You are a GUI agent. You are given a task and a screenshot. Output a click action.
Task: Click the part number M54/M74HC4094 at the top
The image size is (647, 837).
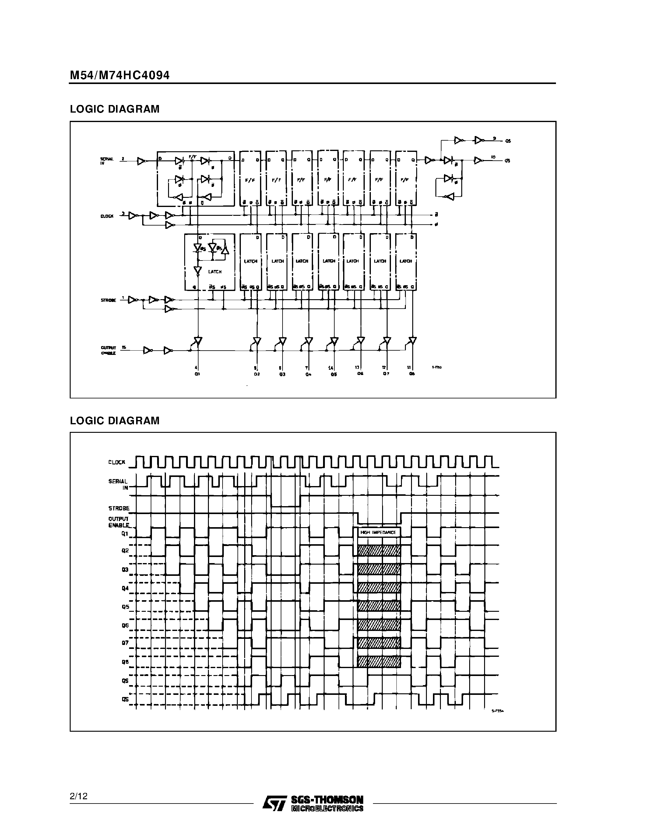(120, 75)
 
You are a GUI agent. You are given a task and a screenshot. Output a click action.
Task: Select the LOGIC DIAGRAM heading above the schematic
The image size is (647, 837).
(114, 109)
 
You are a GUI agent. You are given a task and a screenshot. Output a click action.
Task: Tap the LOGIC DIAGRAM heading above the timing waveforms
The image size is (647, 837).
(114, 421)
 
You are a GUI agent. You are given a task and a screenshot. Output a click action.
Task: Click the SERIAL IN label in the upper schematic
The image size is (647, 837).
(107, 161)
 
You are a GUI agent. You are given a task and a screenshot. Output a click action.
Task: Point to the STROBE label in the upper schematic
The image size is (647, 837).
(108, 300)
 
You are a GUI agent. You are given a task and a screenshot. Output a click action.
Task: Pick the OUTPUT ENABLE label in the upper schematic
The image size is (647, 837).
(108, 350)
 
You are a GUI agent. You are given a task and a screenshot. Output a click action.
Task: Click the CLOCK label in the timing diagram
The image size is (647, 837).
(117, 463)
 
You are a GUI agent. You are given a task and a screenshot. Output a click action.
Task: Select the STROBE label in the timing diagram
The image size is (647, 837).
(119, 509)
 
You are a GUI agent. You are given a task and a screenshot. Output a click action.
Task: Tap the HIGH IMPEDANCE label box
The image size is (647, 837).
(378, 532)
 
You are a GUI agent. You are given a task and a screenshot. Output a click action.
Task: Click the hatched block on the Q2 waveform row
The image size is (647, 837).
(379, 551)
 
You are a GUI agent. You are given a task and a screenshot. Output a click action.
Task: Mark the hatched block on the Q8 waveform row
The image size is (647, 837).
(379, 661)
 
